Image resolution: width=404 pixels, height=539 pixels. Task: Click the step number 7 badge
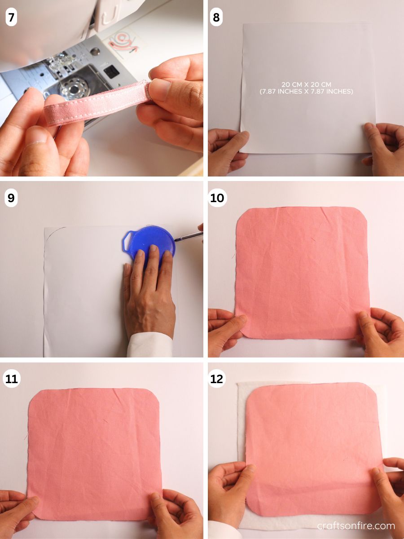(11, 18)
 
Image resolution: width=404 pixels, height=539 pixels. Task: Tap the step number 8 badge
(217, 18)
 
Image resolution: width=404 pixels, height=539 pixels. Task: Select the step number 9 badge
(11, 198)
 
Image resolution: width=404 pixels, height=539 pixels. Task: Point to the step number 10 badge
(217, 198)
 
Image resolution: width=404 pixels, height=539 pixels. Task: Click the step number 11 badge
(11, 379)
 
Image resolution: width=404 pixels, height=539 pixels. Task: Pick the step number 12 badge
(217, 379)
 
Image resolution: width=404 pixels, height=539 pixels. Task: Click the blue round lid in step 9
(153, 243)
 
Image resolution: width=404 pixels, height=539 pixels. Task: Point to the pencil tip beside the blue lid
(176, 240)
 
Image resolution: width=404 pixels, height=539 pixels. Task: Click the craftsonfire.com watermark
(356, 526)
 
